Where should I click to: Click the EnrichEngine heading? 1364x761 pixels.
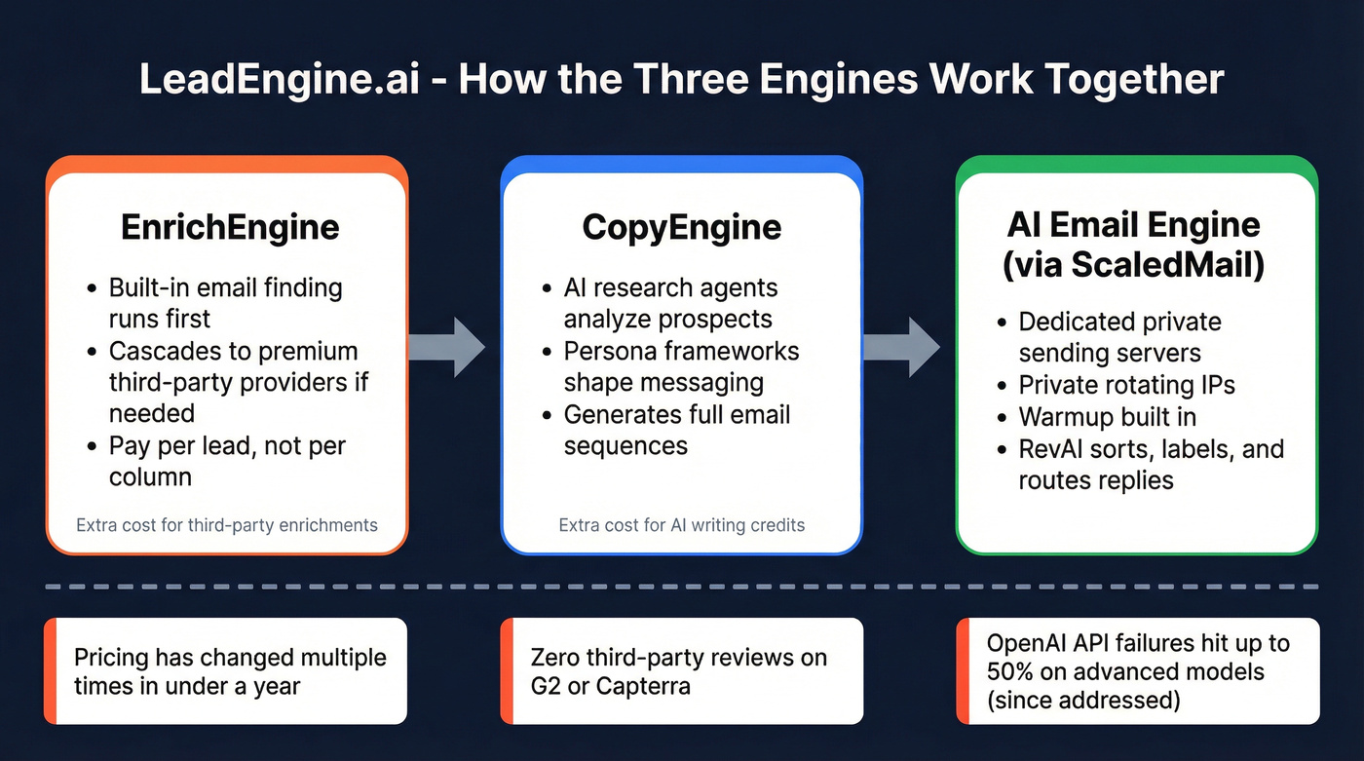[x=230, y=227]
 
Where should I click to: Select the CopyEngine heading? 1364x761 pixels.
[x=681, y=227]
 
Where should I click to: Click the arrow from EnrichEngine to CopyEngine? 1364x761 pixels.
[x=447, y=347]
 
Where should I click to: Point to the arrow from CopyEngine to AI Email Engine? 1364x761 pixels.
[x=902, y=347]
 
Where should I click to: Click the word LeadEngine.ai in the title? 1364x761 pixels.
[x=279, y=79]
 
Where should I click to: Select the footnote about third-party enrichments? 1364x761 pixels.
[x=227, y=525]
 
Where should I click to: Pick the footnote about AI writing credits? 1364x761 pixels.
[x=681, y=525]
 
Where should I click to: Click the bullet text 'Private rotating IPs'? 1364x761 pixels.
[x=1126, y=385]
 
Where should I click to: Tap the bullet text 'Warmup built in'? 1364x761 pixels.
[x=1107, y=417]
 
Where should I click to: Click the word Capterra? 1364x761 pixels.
[x=647, y=686]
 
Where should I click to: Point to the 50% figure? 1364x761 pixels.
[x=1010, y=672]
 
